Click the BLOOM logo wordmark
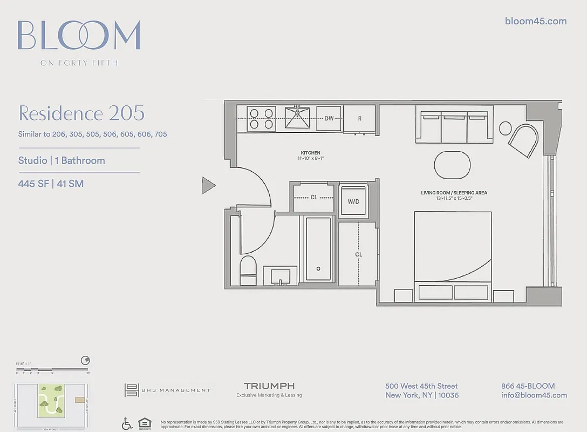pyautogui.click(x=79, y=36)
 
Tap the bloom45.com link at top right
pyautogui.click(x=535, y=21)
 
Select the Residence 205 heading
pyautogui.click(x=81, y=113)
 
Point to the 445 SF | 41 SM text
pyautogui.click(x=51, y=184)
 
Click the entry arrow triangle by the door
pyautogui.click(x=208, y=185)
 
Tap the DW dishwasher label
pyautogui.click(x=329, y=118)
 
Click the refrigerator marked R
pyautogui.click(x=359, y=118)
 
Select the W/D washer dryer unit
pyautogui.click(x=353, y=201)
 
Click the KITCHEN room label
pyautogui.click(x=311, y=153)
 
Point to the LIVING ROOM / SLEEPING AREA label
pyautogui.click(x=454, y=193)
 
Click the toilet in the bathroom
pyautogui.click(x=248, y=270)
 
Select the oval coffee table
pyautogui.click(x=452, y=164)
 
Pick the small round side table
pyautogui.click(x=506, y=128)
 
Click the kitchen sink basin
pyautogui.click(x=298, y=117)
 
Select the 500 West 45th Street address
pyautogui.click(x=421, y=386)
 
